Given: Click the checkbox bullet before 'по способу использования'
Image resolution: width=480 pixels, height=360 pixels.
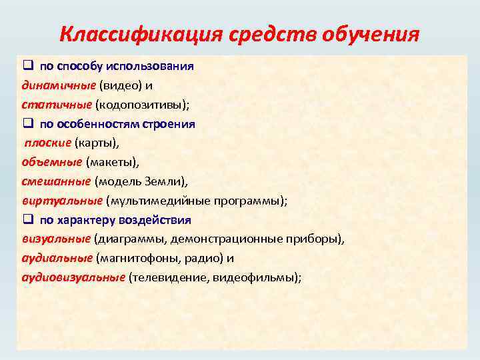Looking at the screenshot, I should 27,67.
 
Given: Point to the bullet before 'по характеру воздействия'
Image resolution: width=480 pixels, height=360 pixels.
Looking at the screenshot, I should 27,220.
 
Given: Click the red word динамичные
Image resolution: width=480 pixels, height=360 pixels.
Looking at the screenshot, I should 58,85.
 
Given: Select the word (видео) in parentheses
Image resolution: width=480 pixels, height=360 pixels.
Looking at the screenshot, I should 119,85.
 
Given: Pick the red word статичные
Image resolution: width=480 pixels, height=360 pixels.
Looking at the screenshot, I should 56,105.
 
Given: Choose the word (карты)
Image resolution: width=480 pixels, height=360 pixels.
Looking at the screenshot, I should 95,143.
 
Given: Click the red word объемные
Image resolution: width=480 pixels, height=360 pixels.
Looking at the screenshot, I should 52,162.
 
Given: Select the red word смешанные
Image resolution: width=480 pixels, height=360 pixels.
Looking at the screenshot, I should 56,181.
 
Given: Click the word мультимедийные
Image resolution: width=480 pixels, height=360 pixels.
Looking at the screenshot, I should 156,201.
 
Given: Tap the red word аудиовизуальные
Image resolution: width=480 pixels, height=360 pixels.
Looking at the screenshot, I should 73,277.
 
